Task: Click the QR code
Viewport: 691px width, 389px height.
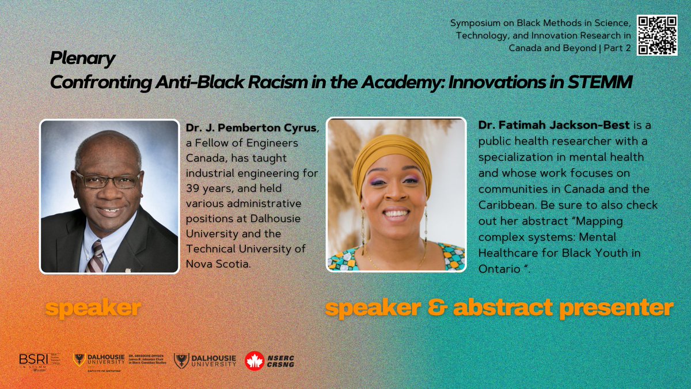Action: (657, 35)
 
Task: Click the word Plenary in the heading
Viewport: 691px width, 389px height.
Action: (82, 58)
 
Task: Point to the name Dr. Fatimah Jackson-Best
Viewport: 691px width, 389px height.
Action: (525, 125)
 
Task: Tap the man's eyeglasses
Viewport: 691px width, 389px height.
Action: (108, 179)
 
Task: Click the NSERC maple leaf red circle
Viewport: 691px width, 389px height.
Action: (255, 361)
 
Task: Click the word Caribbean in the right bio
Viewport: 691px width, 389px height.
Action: (504, 205)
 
